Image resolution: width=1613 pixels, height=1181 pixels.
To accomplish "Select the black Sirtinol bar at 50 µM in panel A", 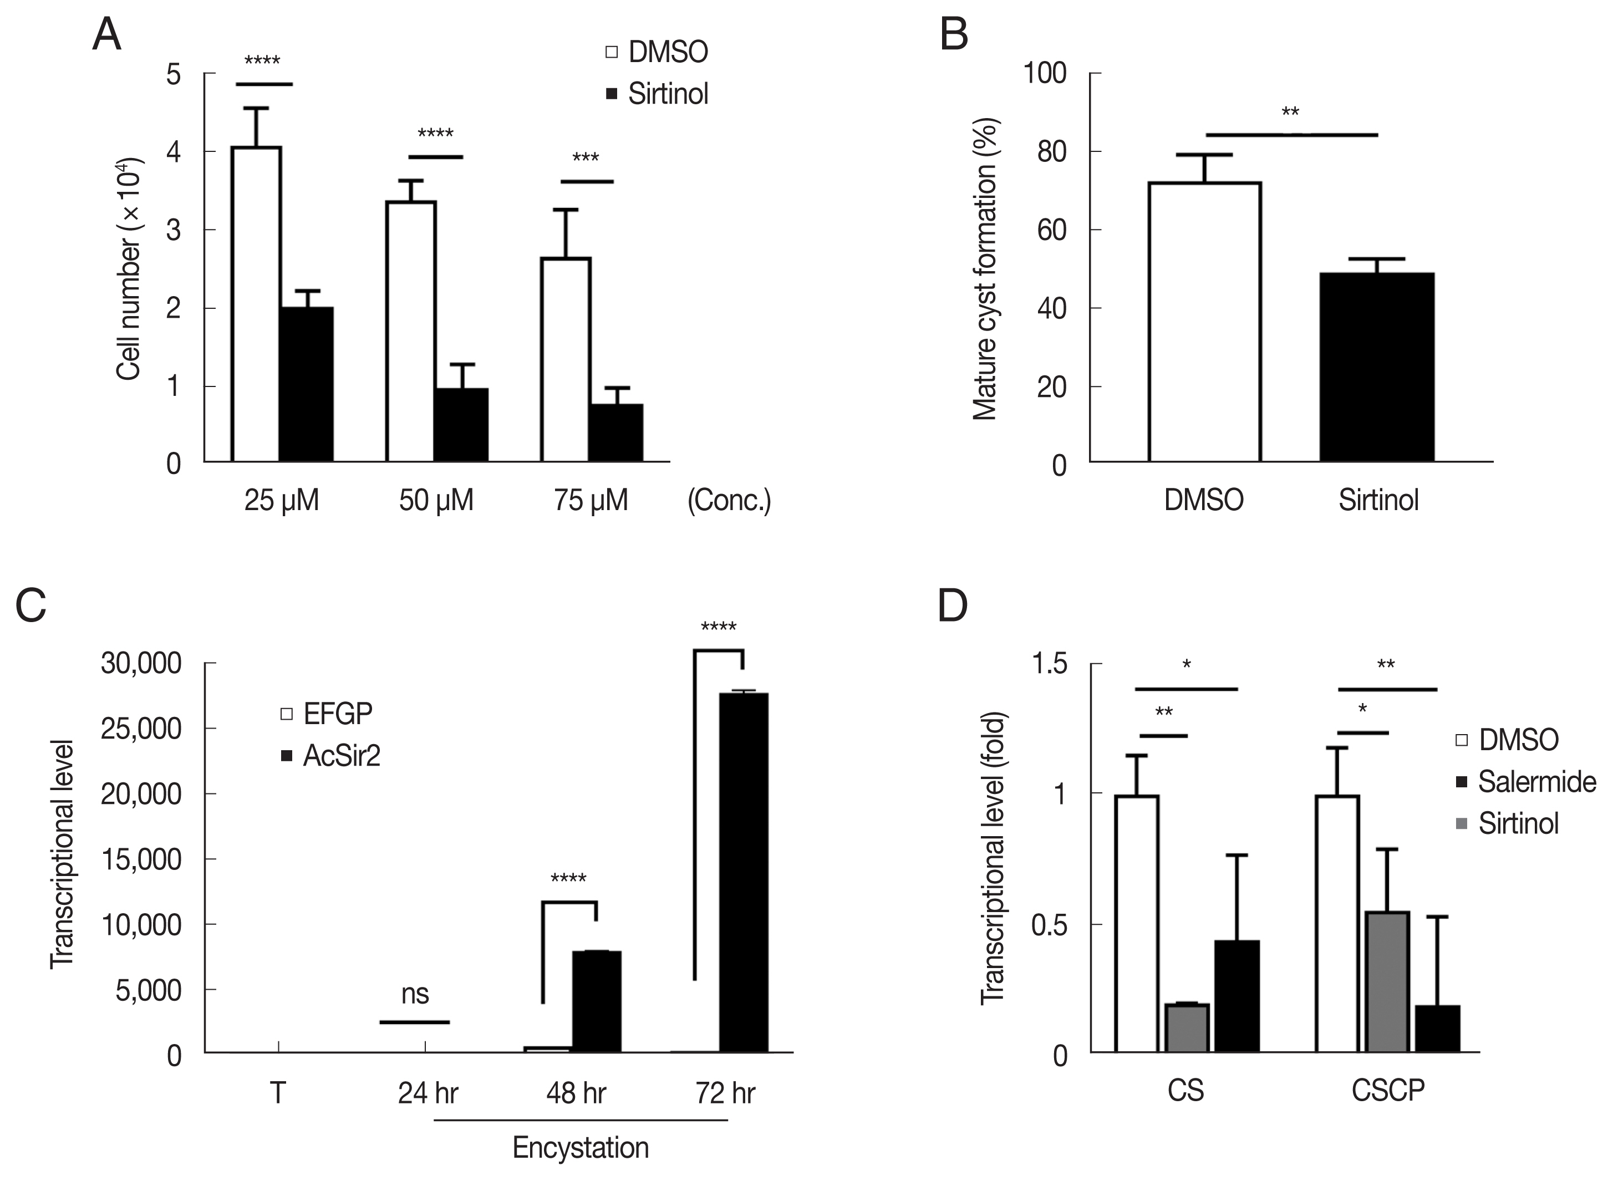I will pyautogui.click(x=461, y=425).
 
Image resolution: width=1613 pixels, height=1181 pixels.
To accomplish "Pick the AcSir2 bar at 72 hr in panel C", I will pyautogui.click(x=744, y=872).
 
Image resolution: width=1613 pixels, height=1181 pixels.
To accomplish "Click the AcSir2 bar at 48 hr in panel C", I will pyautogui.click(x=596, y=1001).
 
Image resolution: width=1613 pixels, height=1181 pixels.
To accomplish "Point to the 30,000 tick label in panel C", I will pyautogui.click(x=141, y=664).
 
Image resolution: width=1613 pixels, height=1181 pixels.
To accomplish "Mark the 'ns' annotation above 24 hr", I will pyautogui.click(x=415, y=994).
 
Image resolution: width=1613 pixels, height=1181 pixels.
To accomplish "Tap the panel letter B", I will pyautogui.click(x=954, y=34).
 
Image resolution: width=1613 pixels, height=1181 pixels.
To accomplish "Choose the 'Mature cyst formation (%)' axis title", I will pyautogui.click(x=985, y=268).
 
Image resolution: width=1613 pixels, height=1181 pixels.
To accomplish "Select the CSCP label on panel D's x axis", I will pyautogui.click(x=1388, y=1090).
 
